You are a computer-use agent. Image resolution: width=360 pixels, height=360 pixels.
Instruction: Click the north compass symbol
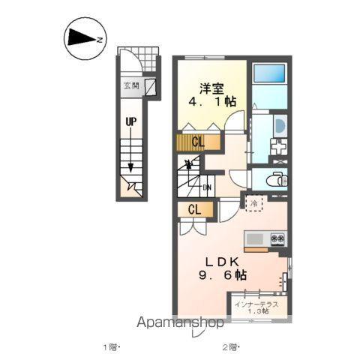pyautogui.click(x=85, y=39)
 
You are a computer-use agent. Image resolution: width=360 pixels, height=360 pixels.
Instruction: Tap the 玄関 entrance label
pyautogui.click(x=131, y=86)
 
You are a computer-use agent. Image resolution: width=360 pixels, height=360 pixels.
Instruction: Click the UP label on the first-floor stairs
pyautogui.click(x=131, y=122)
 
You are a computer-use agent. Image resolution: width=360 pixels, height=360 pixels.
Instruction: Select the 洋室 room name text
pyautogui.click(x=211, y=88)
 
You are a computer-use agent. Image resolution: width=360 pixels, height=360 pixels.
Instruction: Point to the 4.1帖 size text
pyautogui.click(x=212, y=101)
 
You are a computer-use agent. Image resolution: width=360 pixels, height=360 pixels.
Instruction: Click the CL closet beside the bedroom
pyautogui.click(x=198, y=142)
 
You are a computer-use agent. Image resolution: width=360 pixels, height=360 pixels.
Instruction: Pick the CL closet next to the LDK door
pyautogui.click(x=195, y=210)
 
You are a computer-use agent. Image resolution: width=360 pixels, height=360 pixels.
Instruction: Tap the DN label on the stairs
pyautogui.click(x=207, y=187)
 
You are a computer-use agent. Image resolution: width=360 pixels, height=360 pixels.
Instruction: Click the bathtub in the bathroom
pyautogui.click(x=269, y=73)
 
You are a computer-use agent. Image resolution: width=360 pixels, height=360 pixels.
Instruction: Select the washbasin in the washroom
pyautogui.click(x=280, y=126)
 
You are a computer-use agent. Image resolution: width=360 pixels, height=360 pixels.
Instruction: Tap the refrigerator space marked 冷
pyautogui.click(x=254, y=203)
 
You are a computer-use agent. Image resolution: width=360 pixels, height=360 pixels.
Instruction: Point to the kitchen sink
pyautogui.click(x=255, y=239)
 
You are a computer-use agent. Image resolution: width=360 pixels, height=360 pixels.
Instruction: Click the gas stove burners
pyautogui.click(x=278, y=238)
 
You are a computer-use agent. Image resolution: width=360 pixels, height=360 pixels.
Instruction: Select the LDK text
pyautogui.click(x=223, y=262)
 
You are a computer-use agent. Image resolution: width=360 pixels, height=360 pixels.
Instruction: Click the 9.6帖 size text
pyautogui.click(x=223, y=275)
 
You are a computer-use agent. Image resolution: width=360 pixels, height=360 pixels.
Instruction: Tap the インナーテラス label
pyautogui.click(x=257, y=304)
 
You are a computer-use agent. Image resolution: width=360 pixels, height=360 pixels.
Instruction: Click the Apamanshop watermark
pyautogui.click(x=180, y=322)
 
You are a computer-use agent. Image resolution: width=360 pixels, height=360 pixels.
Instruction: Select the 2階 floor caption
pyautogui.click(x=230, y=347)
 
